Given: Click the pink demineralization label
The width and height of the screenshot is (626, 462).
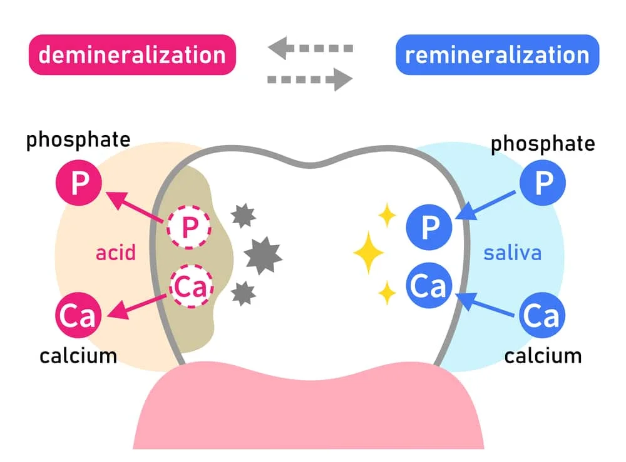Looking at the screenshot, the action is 132,54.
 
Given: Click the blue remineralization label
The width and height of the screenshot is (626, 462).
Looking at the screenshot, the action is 498,54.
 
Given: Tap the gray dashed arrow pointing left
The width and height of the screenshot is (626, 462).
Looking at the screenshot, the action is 310,48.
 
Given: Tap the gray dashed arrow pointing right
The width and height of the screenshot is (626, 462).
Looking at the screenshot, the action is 310,79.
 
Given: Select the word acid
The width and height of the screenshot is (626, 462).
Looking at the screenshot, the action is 116,253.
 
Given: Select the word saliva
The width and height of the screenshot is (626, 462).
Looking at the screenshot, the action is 513,253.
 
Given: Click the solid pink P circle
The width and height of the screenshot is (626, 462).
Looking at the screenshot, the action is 79,183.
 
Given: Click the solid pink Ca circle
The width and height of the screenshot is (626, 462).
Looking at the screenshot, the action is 78,315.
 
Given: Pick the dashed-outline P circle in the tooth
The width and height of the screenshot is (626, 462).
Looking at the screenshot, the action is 189,228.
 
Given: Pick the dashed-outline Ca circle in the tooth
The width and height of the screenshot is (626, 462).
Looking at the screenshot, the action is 192,286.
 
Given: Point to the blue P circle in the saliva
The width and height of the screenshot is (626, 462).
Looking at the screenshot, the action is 543,183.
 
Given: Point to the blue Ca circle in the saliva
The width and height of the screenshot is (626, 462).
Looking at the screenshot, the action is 542,315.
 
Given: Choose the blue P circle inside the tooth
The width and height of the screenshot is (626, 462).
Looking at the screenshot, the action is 429,227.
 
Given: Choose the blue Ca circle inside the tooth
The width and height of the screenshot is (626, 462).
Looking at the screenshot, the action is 429,286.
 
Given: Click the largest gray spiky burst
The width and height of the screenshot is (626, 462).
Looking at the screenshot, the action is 263,256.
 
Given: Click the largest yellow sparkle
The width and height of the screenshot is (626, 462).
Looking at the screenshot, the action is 369,253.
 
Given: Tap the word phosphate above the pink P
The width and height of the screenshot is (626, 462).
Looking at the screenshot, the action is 78,140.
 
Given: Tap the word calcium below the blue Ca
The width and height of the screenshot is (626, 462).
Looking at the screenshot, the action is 543,356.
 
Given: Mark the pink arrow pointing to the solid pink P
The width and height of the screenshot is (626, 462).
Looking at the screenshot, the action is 135,206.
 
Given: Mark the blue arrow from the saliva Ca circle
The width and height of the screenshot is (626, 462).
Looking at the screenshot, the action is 485,304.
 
